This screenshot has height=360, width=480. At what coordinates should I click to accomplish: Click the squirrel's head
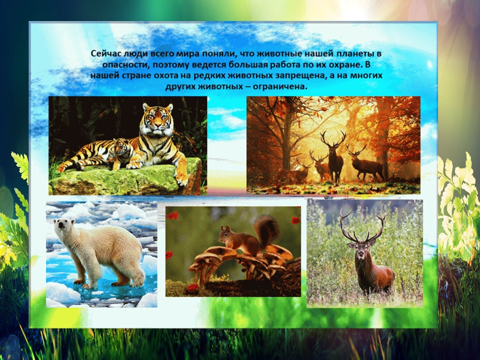(x=226, y=234)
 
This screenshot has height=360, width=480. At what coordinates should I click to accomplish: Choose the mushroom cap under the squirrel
(x=214, y=253)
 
